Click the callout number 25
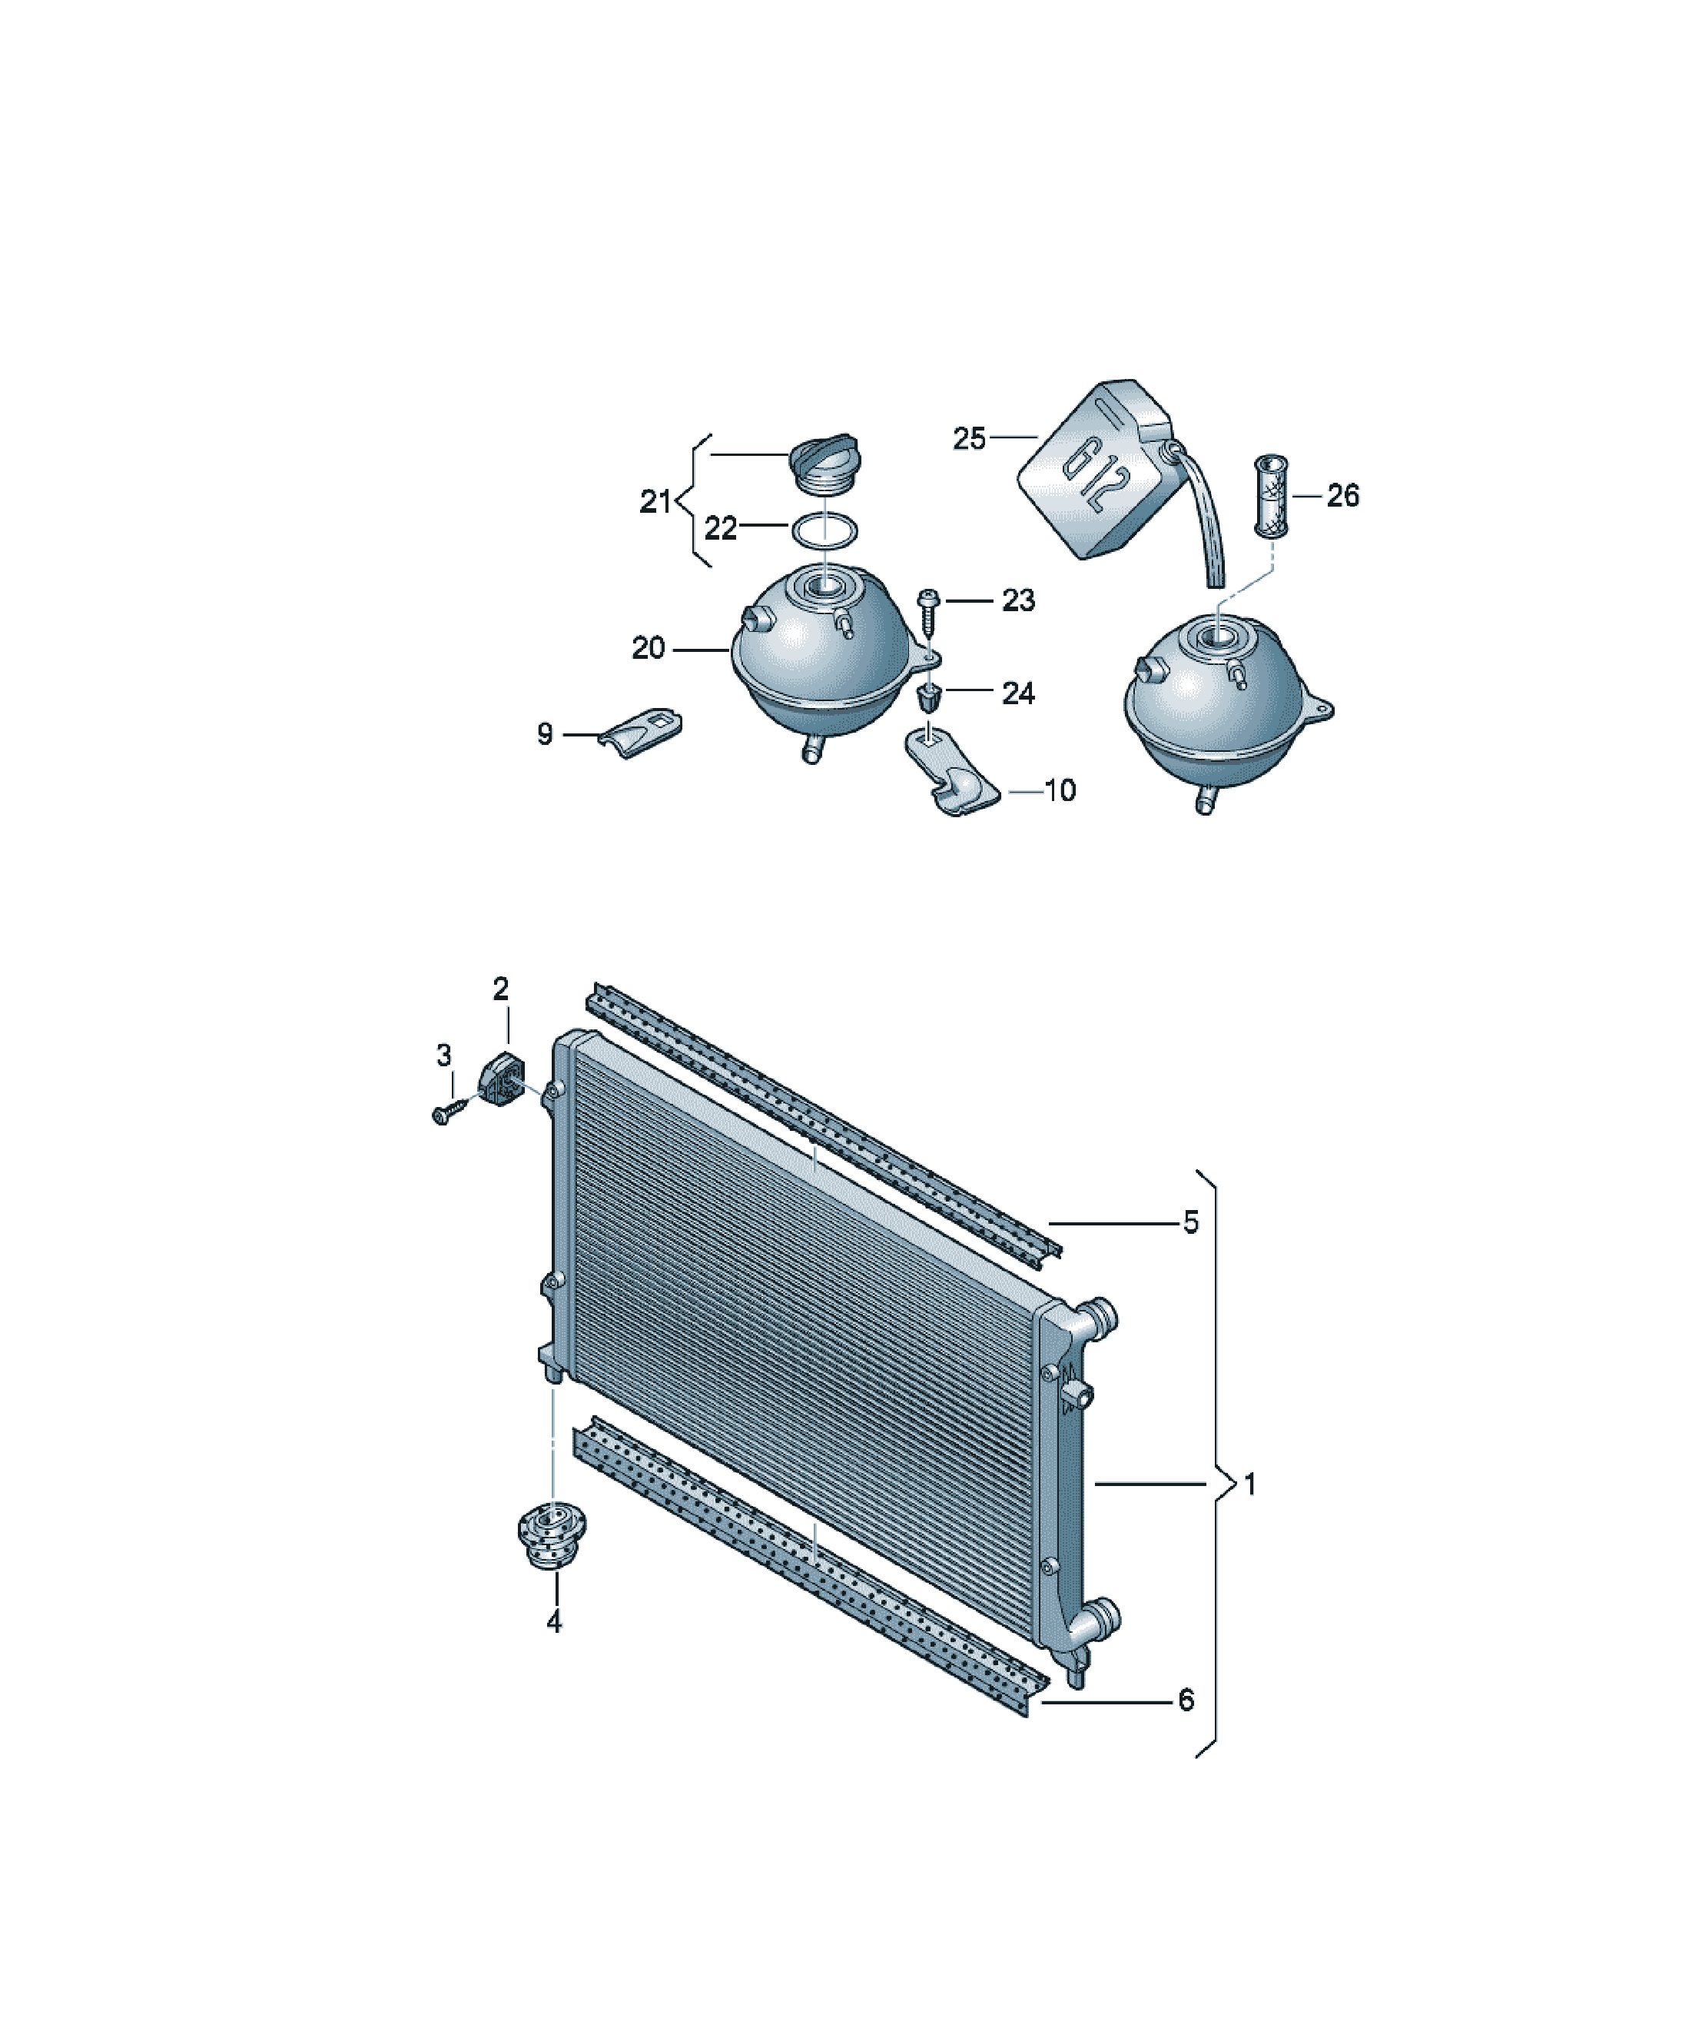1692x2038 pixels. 969,439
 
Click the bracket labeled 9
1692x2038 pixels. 639,732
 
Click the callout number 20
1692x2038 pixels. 648,648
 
